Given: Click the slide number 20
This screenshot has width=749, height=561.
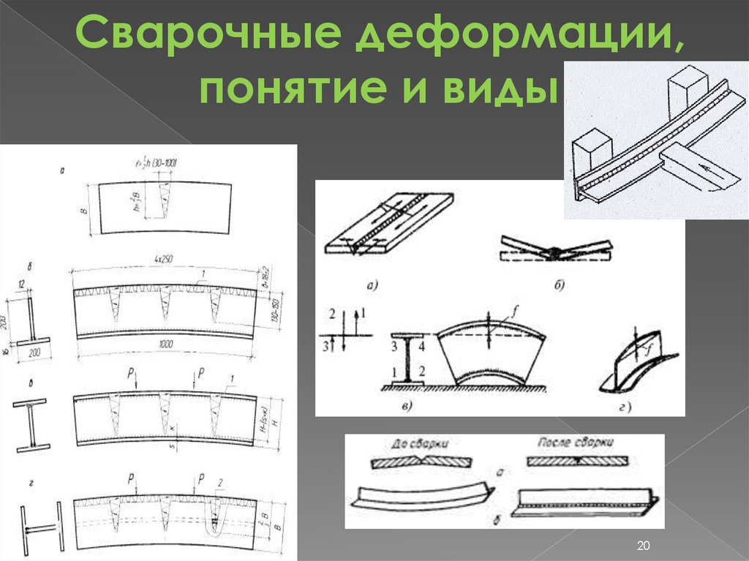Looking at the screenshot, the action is tap(644, 546).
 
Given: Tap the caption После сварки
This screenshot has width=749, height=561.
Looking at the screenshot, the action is tap(576, 443).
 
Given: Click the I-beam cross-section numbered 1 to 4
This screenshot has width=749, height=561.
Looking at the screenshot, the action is tap(404, 358).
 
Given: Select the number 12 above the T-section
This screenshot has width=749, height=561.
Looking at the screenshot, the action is tap(23, 285).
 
